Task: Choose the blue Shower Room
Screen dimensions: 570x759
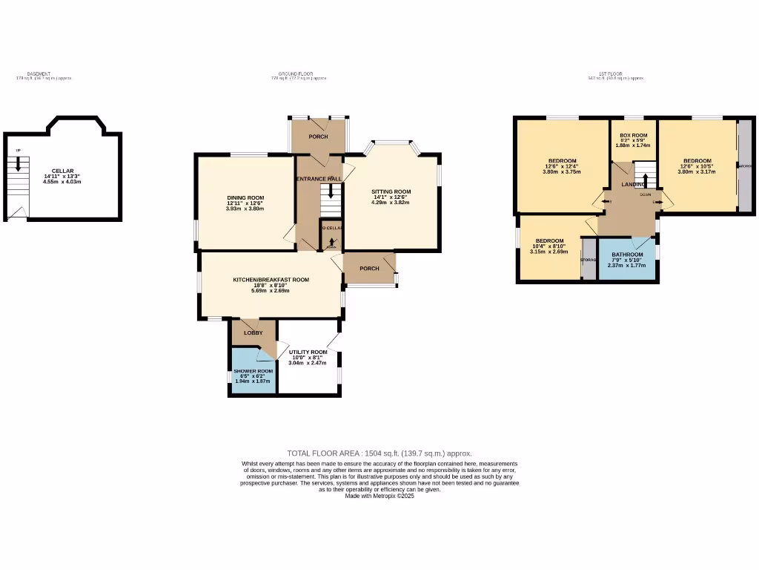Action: (x=253, y=375)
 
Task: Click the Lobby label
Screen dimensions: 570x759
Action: (x=253, y=332)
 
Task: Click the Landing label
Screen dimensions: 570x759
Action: (x=632, y=184)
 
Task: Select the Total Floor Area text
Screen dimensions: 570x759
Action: (x=379, y=453)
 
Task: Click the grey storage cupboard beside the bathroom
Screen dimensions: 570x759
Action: (x=589, y=260)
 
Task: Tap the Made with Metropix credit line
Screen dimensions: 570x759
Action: (x=379, y=496)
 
